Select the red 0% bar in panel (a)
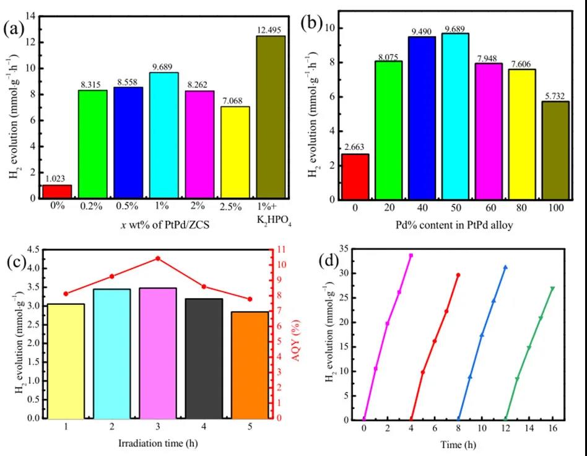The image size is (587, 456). pos(57,191)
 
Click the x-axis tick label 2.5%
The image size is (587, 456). pos(235,208)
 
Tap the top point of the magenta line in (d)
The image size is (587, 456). pos(411,255)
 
